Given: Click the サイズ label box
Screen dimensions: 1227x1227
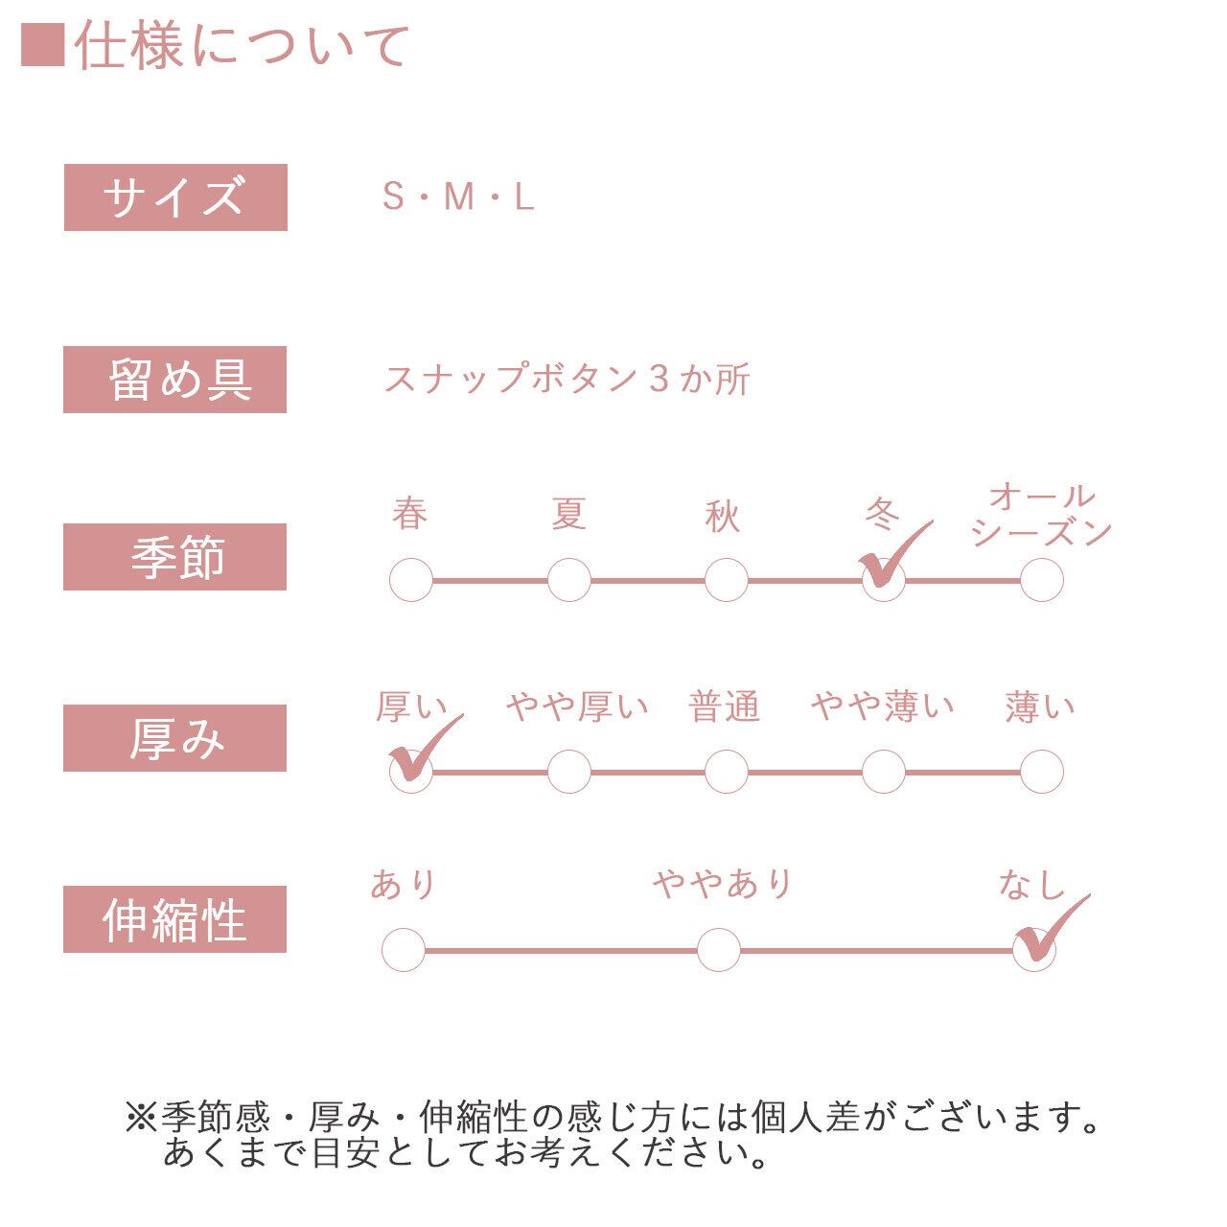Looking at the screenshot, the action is pyautogui.click(x=175, y=197).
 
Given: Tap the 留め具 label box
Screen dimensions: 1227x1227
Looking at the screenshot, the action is pyautogui.click(x=175, y=380).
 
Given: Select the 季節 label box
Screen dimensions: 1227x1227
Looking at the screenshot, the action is pyautogui.click(x=175, y=557).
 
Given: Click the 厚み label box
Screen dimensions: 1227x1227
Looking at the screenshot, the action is pyautogui.click(x=175, y=738).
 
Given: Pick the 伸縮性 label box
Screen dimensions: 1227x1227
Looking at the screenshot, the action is pyautogui.click(x=175, y=919).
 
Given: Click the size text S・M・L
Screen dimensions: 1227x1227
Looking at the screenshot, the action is pyautogui.click(x=457, y=197).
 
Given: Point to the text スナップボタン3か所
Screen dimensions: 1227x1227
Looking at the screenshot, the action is pyautogui.click(x=567, y=380).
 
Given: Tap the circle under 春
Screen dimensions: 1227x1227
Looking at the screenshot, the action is pyautogui.click(x=411, y=580).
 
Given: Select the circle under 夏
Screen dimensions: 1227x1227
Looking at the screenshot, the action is pyautogui.click(x=569, y=580).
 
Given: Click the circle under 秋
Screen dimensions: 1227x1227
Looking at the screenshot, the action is pyautogui.click(x=727, y=580).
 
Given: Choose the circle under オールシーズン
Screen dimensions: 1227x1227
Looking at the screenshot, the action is pyautogui.click(x=1042, y=580).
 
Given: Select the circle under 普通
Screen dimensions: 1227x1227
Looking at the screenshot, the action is pyautogui.click(x=727, y=771).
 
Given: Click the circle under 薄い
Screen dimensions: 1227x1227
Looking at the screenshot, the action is pyautogui.click(x=1042, y=771).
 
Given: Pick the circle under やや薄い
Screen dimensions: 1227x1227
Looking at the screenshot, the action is pyautogui.click(x=884, y=771).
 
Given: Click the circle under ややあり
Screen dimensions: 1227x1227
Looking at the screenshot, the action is pyautogui.click(x=719, y=950).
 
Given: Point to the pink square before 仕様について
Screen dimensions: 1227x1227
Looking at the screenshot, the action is pyautogui.click(x=42, y=45).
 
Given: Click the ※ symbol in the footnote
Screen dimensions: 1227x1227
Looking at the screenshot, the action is pyautogui.click(x=141, y=1118).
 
